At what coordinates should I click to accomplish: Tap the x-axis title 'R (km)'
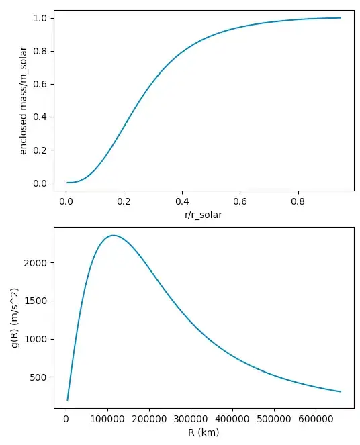pos(204,433)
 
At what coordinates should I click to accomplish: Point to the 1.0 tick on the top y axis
pos(39,18)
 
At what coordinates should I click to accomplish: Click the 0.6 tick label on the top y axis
pos(39,84)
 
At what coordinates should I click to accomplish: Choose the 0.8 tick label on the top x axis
pos(298,199)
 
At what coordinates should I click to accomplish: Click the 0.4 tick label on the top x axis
pos(182,199)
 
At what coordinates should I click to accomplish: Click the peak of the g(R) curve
pos(114,235)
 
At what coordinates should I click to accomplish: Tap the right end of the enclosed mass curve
pos(341,18)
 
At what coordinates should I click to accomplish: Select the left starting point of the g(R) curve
pos(66,400)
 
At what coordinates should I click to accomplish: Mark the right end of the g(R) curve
pos(341,391)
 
